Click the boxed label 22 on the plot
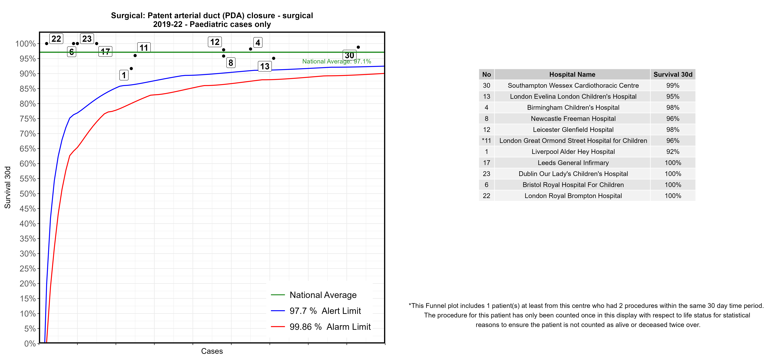click(56, 39)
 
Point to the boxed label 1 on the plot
click(124, 75)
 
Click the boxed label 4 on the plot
click(258, 43)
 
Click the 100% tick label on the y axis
click(26, 44)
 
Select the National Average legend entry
click(323, 295)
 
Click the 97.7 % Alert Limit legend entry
click(325, 311)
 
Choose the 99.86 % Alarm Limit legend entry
click(330, 327)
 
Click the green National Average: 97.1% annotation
click(337, 61)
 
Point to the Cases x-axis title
click(212, 351)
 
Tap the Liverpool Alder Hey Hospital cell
click(573, 152)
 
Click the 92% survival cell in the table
click(673, 152)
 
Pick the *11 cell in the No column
click(486, 141)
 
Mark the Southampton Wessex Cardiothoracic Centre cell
click(573, 85)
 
